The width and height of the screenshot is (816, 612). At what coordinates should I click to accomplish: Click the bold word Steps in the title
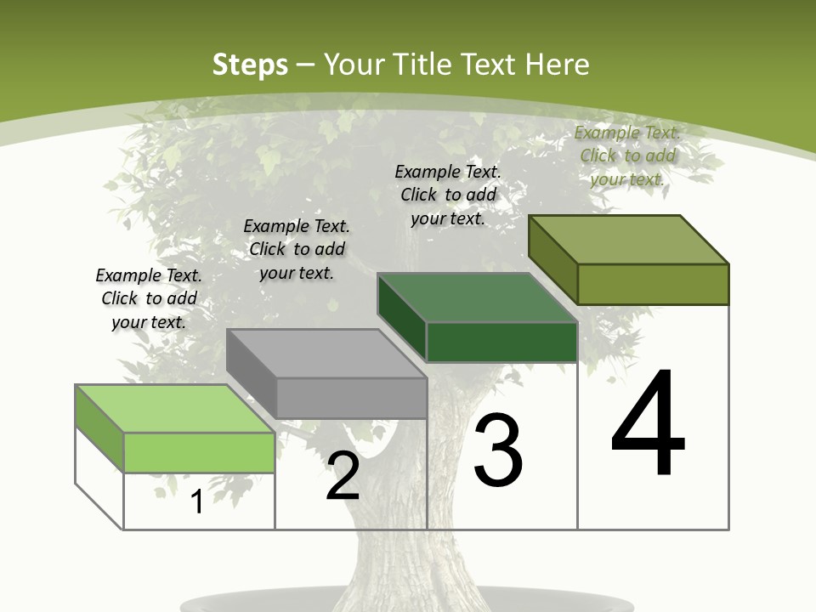click(x=250, y=65)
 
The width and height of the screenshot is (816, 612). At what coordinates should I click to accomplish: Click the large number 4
click(x=648, y=424)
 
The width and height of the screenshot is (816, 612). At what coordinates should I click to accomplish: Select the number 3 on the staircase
click(x=498, y=451)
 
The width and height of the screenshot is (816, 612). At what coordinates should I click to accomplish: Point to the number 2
click(x=343, y=476)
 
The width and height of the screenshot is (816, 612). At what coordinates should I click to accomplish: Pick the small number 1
click(x=197, y=502)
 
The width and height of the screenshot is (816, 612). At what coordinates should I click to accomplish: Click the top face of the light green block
click(x=174, y=409)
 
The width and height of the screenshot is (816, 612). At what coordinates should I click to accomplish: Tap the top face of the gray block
click(x=326, y=354)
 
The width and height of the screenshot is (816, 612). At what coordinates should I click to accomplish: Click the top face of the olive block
click(x=629, y=240)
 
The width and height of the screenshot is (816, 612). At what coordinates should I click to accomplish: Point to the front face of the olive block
click(x=653, y=284)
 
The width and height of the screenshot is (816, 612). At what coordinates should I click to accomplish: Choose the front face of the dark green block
click(x=501, y=342)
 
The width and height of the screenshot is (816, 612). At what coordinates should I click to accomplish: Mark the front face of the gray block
click(x=351, y=398)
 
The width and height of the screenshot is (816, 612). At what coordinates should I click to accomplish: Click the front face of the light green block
click(x=199, y=452)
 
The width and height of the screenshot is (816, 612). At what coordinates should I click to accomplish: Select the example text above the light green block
click(x=149, y=298)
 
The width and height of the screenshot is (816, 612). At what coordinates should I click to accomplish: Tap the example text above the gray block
click(x=297, y=249)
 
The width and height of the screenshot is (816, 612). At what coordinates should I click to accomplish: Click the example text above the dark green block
click(x=448, y=195)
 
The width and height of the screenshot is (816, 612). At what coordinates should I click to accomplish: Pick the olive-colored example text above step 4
click(x=627, y=156)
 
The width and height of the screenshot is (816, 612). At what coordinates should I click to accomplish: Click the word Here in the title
click(x=558, y=65)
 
